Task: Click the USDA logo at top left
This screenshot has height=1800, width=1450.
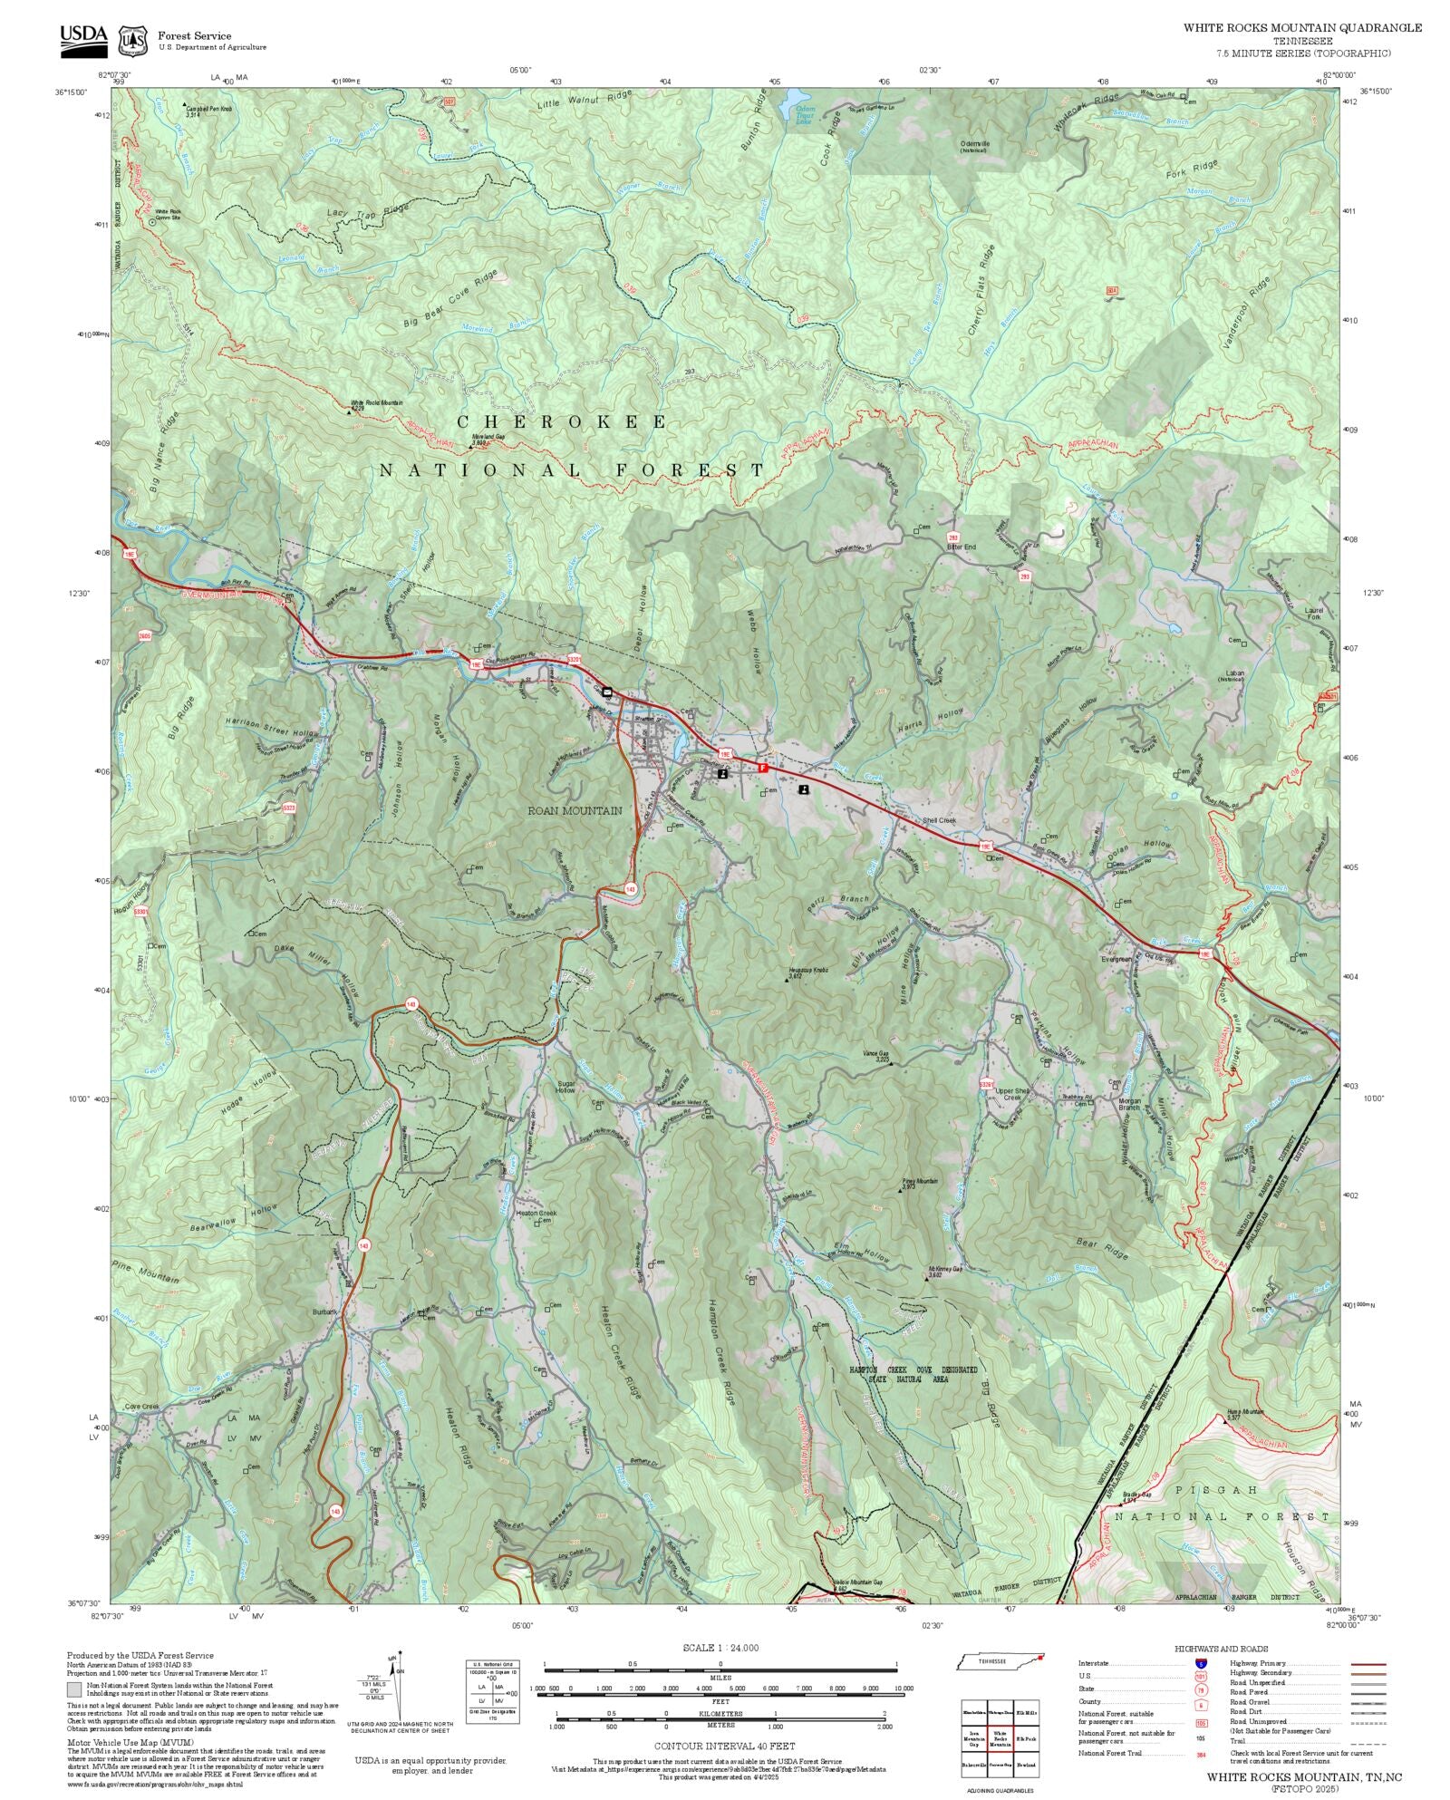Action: point(83,41)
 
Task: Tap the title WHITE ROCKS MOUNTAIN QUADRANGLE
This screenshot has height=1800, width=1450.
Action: point(1301,27)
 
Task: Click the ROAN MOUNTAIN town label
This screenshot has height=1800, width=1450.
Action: point(575,810)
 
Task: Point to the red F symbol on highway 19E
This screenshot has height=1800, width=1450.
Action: point(763,768)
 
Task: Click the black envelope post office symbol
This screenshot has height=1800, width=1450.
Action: point(607,692)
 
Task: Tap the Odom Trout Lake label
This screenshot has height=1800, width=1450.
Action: point(804,115)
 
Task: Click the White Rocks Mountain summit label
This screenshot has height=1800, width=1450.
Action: point(377,403)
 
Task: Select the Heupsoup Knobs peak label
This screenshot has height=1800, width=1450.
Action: point(808,970)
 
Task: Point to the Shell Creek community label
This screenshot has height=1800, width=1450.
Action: point(939,820)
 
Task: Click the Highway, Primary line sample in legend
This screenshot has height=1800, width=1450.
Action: point(1368,1664)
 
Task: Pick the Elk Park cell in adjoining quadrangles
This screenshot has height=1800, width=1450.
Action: point(1026,1738)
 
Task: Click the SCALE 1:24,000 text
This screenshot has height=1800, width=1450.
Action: point(720,1648)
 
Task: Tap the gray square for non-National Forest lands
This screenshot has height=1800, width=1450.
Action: point(74,1689)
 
